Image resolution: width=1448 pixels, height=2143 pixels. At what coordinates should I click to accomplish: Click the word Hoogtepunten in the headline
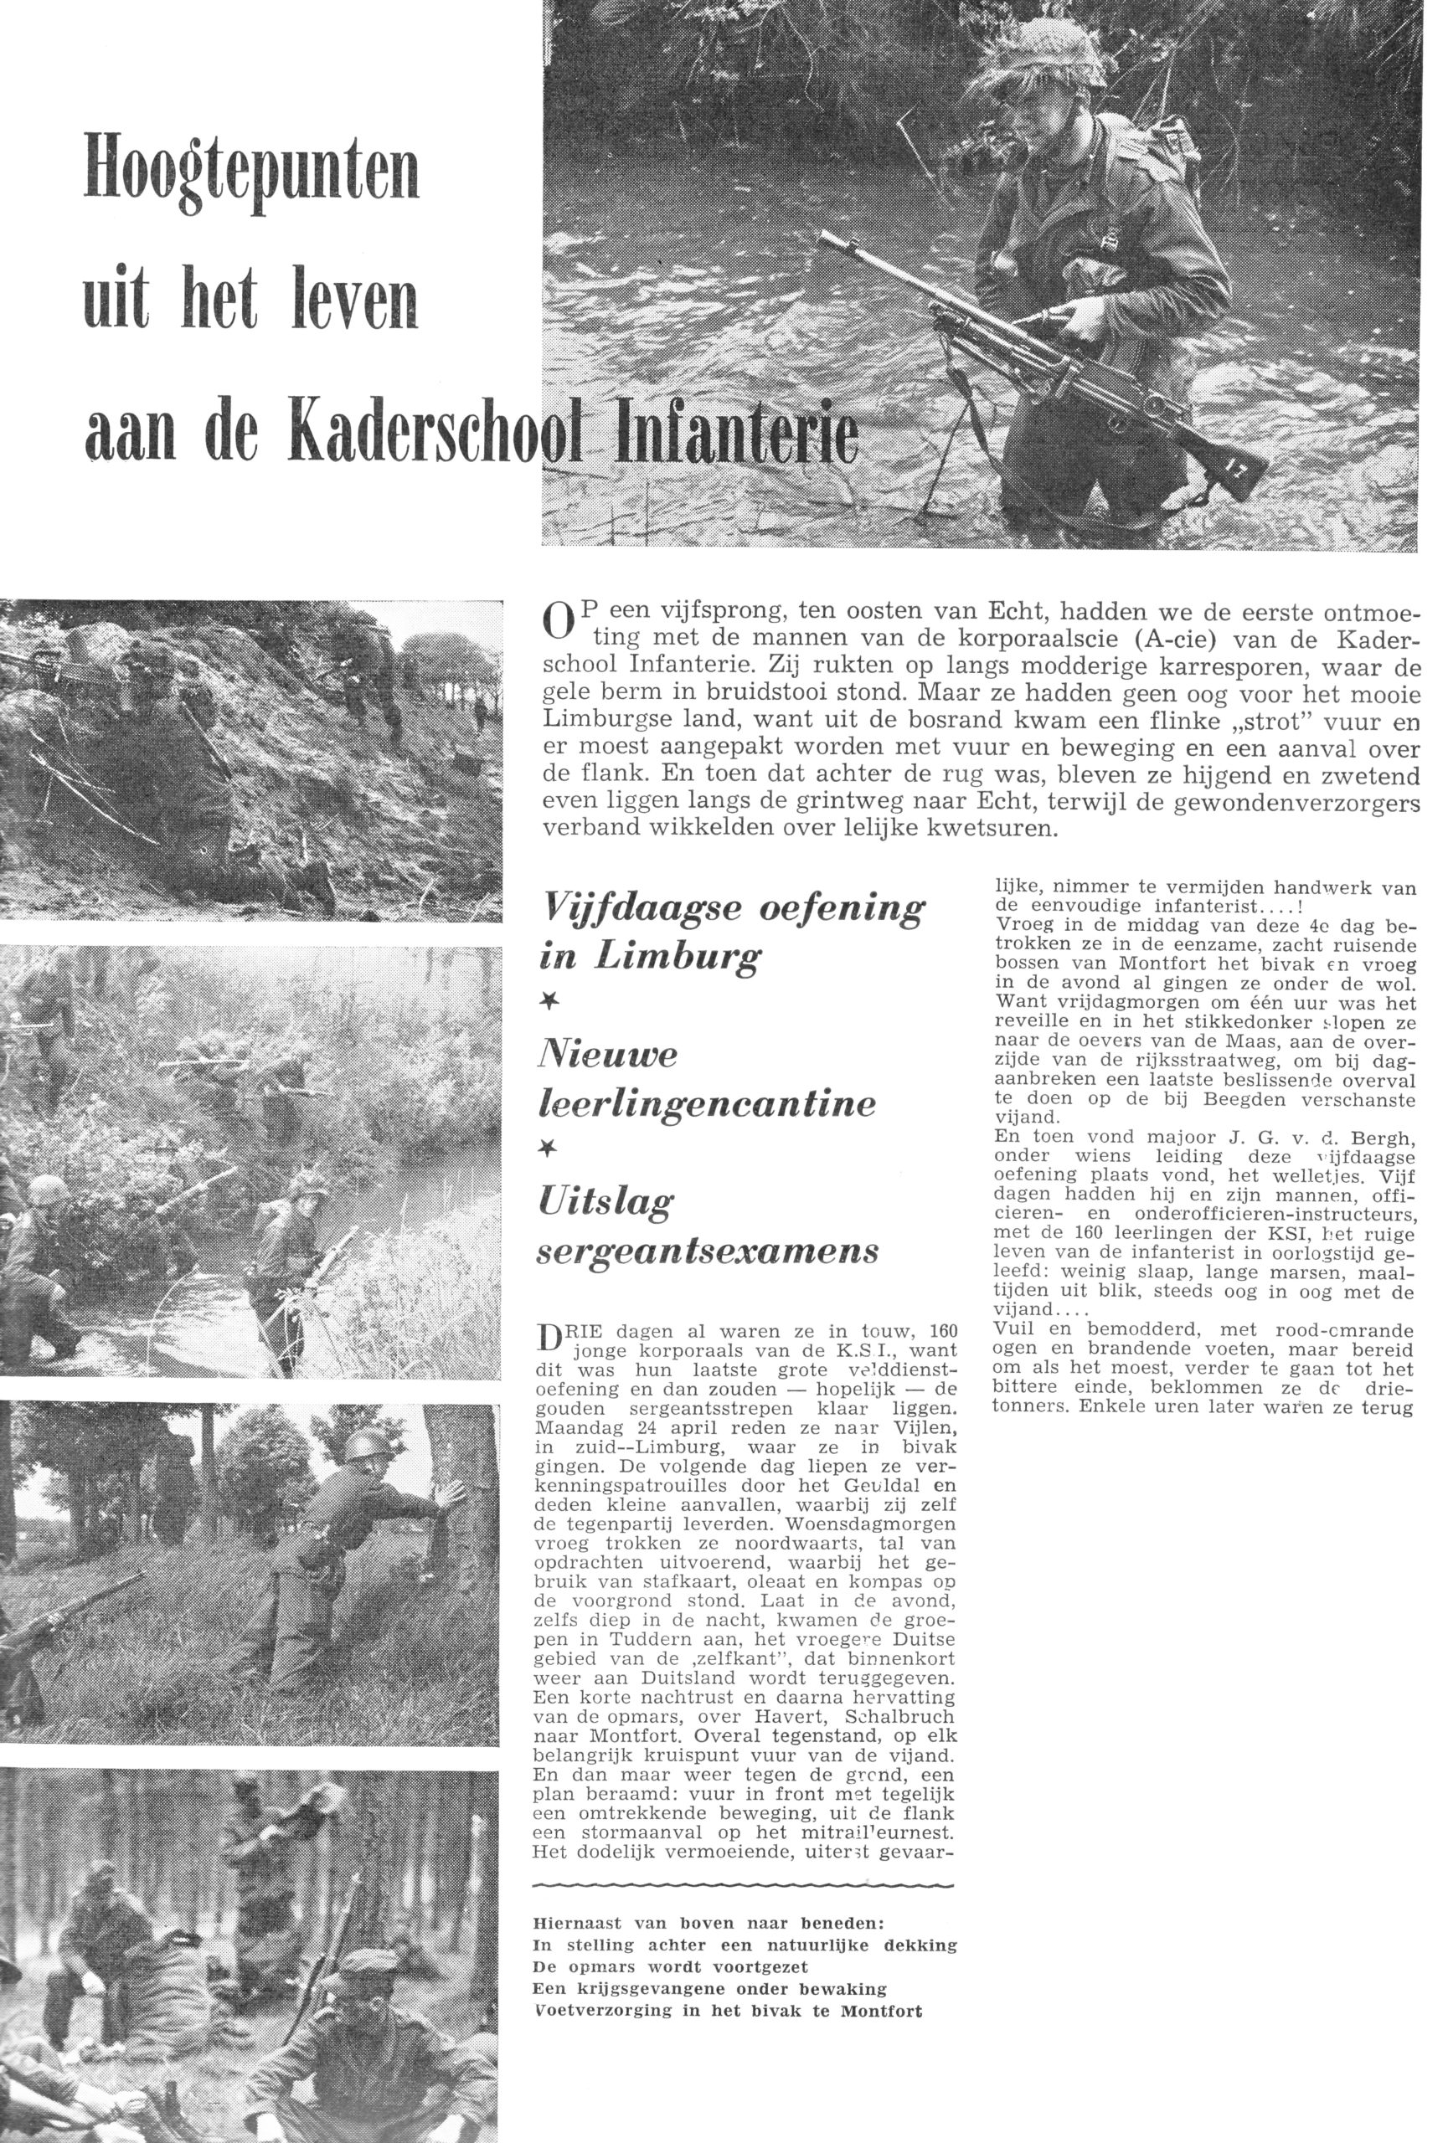click(251, 167)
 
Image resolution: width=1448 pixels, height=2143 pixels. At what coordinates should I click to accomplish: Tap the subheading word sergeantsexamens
click(708, 1251)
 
